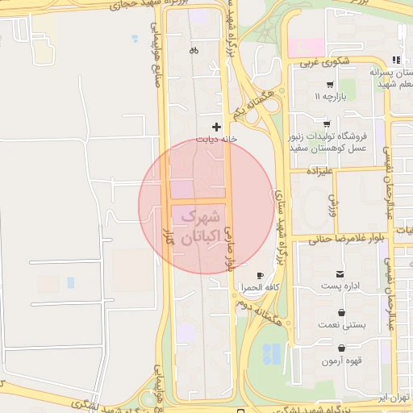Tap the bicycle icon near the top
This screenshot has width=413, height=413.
tap(194, 50)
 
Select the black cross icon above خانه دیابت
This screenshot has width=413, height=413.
tap(216, 127)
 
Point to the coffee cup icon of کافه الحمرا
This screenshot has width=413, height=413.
tap(258, 275)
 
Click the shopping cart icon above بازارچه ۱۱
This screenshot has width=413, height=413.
tap(331, 84)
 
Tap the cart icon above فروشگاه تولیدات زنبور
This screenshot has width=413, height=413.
tap(326, 123)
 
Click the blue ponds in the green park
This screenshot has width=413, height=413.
tap(273, 353)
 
